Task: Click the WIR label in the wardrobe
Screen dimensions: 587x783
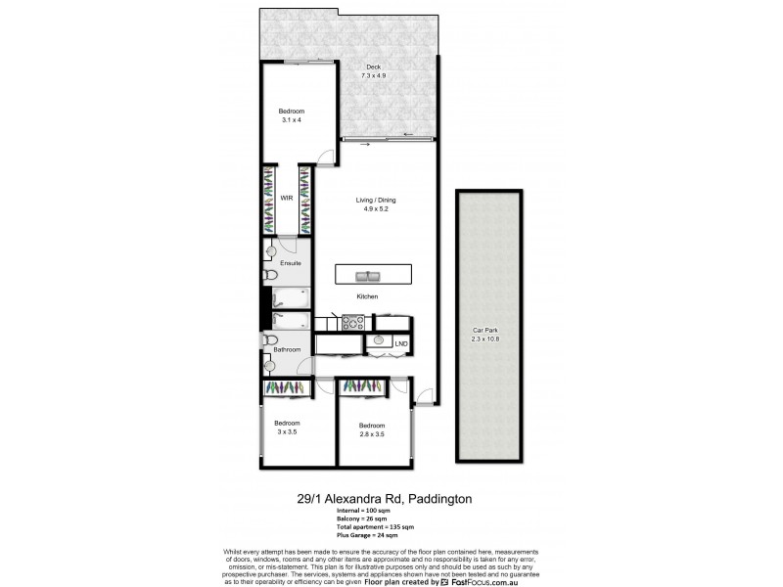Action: tap(287, 198)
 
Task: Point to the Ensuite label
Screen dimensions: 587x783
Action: tap(291, 263)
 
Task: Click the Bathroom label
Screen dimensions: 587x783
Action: tap(287, 349)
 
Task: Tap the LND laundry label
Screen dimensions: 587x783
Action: tap(400, 342)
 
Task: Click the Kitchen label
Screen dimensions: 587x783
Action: tap(367, 296)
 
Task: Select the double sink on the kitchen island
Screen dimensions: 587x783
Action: tap(367, 274)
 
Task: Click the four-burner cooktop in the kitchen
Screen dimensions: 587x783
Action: tap(352, 321)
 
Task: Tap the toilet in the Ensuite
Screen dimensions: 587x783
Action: tap(270, 277)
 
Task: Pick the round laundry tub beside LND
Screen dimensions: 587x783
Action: tap(378, 341)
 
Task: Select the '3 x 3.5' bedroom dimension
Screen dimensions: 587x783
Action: tap(287, 430)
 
